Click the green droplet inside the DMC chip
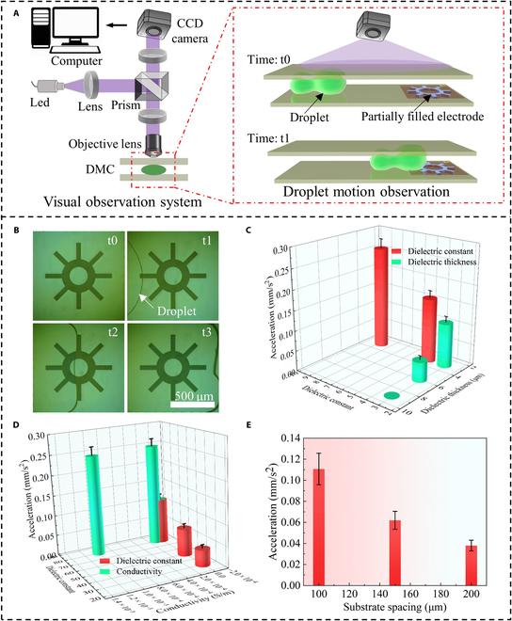[156, 170]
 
